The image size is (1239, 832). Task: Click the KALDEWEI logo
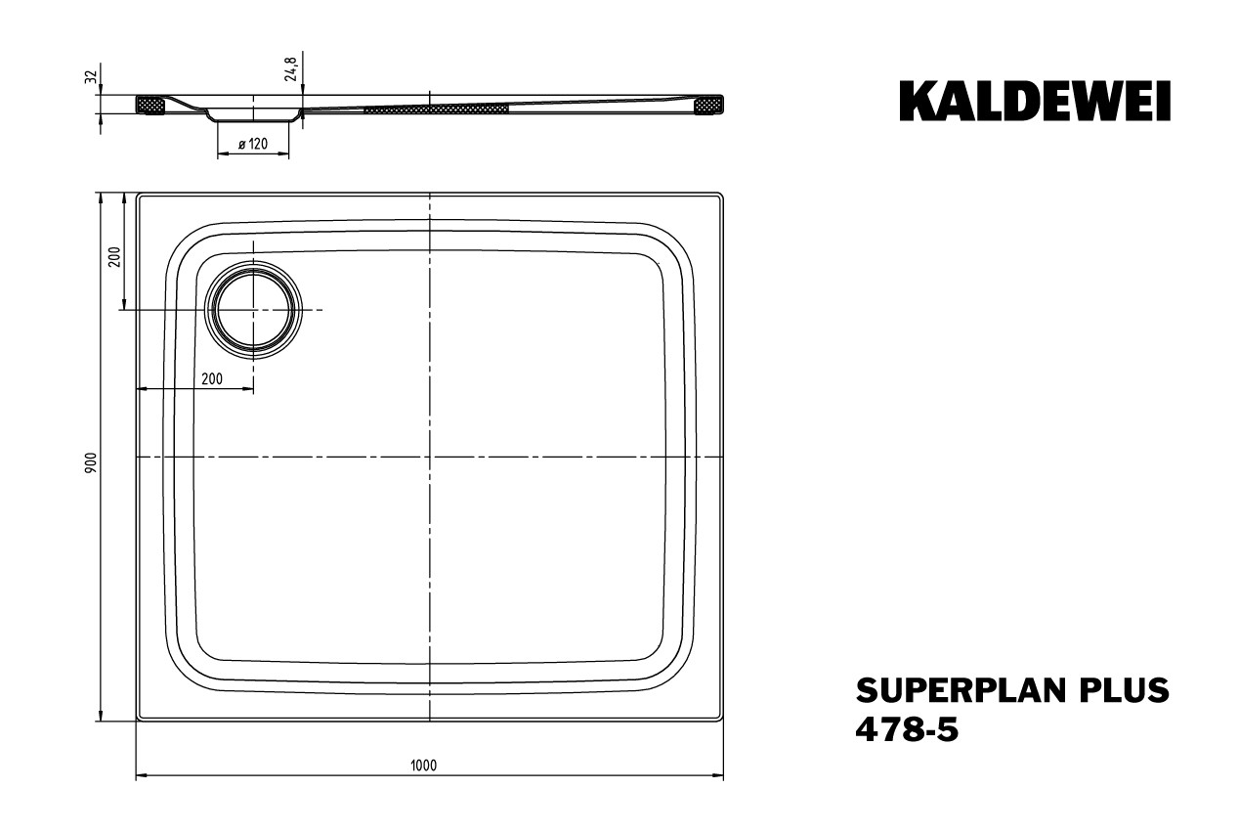tap(1035, 101)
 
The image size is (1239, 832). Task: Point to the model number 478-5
tap(907, 729)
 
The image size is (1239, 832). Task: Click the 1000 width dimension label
tap(424, 765)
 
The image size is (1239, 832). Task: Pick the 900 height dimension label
tap(91, 462)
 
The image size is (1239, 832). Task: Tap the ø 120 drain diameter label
tap(253, 145)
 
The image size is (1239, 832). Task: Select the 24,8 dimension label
tap(291, 69)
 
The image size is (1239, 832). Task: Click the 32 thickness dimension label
tap(91, 76)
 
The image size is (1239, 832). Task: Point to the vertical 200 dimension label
tap(114, 257)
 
